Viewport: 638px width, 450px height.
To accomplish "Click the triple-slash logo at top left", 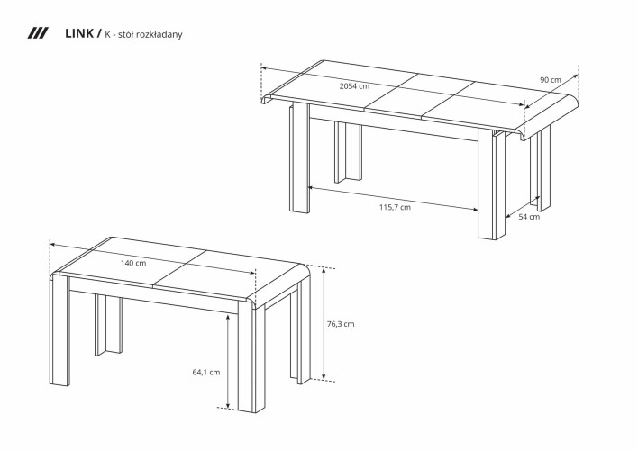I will click(38, 34).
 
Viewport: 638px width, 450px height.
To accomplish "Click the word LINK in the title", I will click(80, 34).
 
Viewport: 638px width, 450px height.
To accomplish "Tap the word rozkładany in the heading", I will click(162, 35).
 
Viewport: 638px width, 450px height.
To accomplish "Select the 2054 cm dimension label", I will click(353, 86).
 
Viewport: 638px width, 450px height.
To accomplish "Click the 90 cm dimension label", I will click(550, 80).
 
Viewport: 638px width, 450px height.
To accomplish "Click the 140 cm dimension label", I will click(133, 263).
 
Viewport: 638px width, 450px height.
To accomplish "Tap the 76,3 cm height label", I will click(341, 324).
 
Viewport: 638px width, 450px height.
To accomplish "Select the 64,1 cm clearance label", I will click(206, 371).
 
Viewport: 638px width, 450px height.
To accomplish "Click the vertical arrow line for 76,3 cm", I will click(324, 324).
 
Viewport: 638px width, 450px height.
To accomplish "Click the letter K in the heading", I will click(108, 35).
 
